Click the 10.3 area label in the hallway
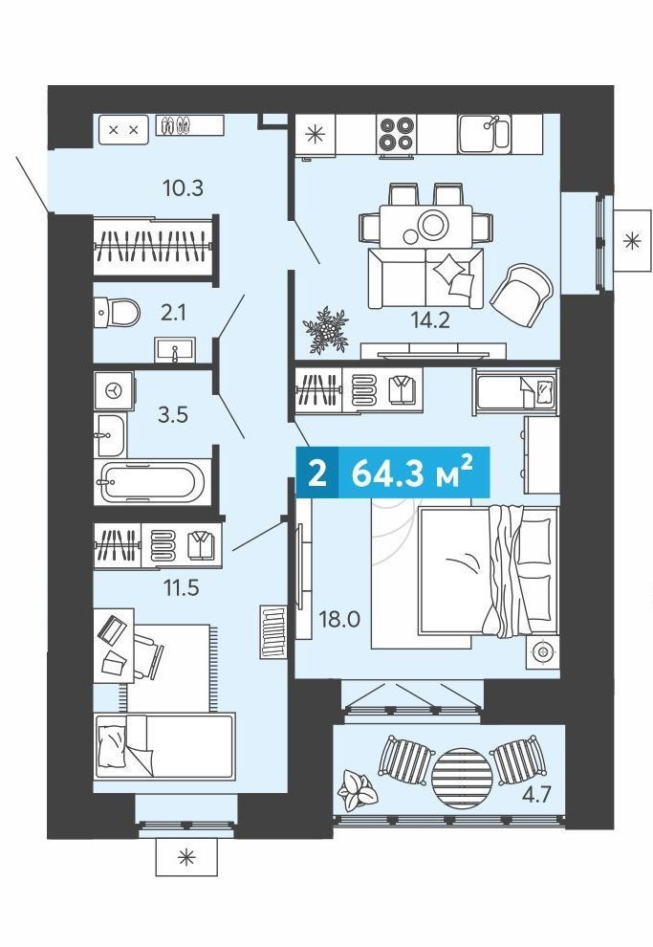[x=183, y=187]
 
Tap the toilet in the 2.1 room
[x=117, y=313]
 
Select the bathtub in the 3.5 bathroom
[x=153, y=482]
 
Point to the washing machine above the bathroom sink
[x=114, y=391]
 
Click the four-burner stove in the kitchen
[x=397, y=134]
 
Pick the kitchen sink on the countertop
[x=484, y=134]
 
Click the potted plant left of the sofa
[x=326, y=330]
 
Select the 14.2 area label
[x=430, y=320]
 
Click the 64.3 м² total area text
[x=412, y=473]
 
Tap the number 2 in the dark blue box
[x=316, y=473]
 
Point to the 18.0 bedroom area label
[x=339, y=619]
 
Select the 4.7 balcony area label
[x=536, y=794]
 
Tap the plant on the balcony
[x=358, y=791]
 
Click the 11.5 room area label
[x=181, y=587]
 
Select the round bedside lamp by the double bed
[x=542, y=652]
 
